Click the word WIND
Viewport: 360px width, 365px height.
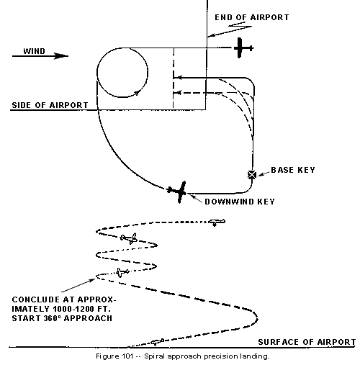click(x=34, y=51)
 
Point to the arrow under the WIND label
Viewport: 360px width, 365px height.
click(x=40, y=56)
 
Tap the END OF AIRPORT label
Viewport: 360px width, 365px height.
click(x=252, y=17)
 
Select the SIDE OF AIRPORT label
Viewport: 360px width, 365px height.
click(x=50, y=105)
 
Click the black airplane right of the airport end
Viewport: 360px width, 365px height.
click(x=243, y=48)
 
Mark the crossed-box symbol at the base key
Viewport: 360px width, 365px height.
click(x=252, y=175)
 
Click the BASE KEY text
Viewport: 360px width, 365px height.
click(x=293, y=170)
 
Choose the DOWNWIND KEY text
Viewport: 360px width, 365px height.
click(x=240, y=202)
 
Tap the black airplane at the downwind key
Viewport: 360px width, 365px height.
click(x=178, y=191)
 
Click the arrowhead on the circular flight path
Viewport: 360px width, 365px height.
click(x=138, y=92)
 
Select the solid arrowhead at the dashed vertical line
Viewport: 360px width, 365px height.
click(x=178, y=78)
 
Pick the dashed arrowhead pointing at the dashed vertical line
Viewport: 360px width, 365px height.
click(x=178, y=93)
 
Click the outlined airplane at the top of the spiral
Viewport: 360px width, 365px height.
click(x=216, y=222)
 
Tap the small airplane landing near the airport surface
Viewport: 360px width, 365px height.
click(x=157, y=342)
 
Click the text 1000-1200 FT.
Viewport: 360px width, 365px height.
click(x=81, y=309)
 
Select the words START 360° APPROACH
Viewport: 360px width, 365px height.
click(x=62, y=318)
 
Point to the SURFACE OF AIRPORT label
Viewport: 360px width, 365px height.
click(x=307, y=342)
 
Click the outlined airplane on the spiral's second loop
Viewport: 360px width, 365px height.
click(x=129, y=238)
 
